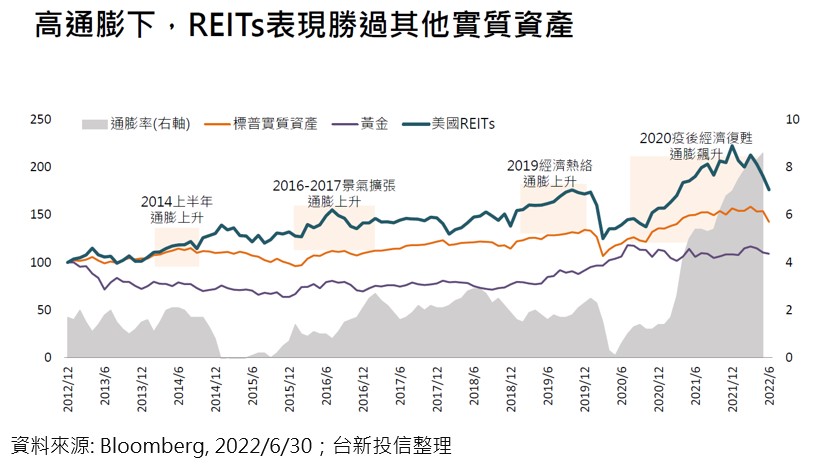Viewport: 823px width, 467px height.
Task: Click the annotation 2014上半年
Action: pyautogui.click(x=176, y=200)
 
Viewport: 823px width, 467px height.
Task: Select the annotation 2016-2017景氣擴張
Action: pyautogui.click(x=332, y=186)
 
